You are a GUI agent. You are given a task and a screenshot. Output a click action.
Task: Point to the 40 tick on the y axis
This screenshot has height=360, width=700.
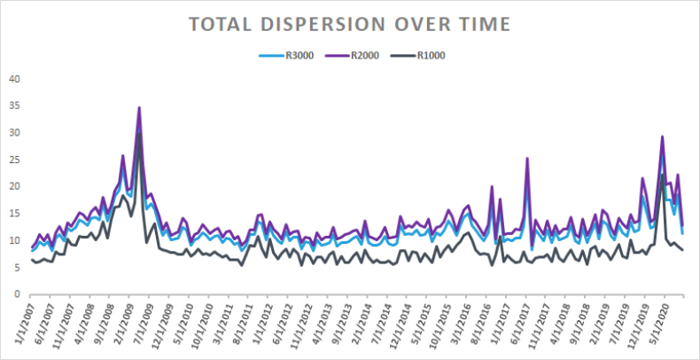coord(13,79)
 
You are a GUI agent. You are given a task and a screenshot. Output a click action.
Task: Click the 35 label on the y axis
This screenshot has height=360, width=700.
coord(13,106)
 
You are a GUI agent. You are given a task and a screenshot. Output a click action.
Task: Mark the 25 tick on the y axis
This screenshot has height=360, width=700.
coord(13,160)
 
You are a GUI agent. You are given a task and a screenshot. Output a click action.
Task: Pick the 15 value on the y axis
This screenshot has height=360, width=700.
coord(13,214)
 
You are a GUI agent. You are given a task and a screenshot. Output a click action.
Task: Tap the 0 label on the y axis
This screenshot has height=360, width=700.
coord(16,294)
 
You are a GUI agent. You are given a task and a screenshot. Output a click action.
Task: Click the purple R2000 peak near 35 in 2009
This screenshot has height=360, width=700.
coord(139,107)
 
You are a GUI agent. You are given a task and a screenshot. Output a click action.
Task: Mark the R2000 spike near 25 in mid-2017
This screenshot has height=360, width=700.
coord(527,159)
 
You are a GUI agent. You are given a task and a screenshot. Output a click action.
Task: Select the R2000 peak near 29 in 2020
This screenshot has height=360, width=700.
coord(662,137)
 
